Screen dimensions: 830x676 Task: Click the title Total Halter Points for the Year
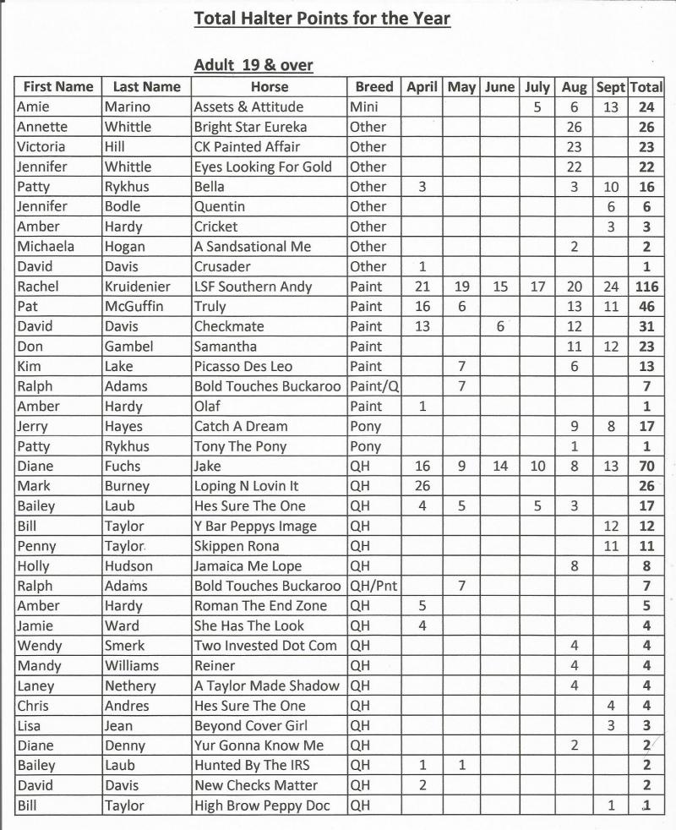click(322, 18)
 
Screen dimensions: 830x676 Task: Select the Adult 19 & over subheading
click(253, 65)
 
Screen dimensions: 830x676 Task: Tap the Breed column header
click(373, 86)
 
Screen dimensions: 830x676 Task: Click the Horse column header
click(269, 86)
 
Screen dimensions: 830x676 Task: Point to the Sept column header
click(610, 86)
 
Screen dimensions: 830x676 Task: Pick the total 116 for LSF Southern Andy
click(646, 287)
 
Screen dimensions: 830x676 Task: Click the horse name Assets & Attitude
click(248, 107)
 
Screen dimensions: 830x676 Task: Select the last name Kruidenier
click(138, 287)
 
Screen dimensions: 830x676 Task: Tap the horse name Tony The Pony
click(240, 446)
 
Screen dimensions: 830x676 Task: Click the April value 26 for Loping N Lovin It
click(422, 486)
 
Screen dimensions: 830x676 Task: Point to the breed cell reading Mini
click(364, 107)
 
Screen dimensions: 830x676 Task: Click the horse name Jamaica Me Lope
click(248, 566)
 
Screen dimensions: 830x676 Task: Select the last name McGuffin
click(134, 307)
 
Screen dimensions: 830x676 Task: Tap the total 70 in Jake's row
click(646, 466)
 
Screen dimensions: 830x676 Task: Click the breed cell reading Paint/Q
click(372, 386)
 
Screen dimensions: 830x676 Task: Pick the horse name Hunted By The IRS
click(251, 766)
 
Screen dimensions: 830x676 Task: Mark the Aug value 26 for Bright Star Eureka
click(575, 127)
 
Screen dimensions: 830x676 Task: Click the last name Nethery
click(130, 686)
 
